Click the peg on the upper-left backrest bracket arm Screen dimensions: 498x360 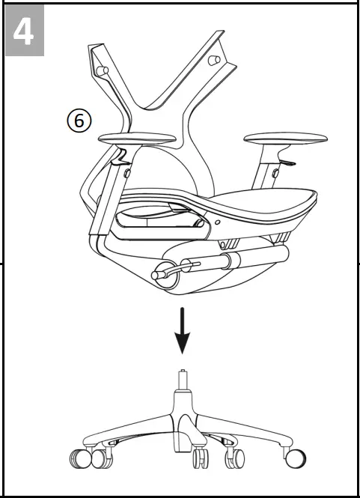point(104,70)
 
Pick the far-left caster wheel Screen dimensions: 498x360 point(77,458)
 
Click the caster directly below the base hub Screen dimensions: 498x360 point(199,457)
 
